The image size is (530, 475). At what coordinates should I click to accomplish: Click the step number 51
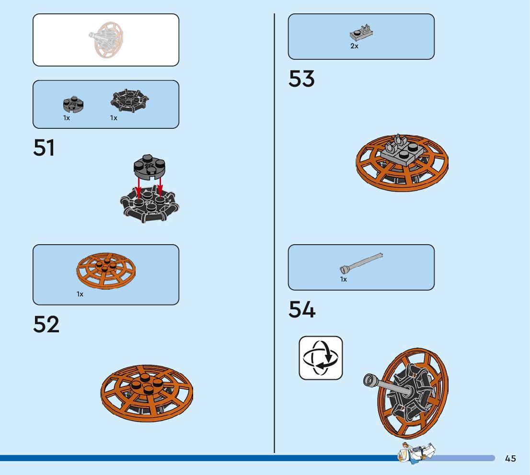pyautogui.click(x=44, y=148)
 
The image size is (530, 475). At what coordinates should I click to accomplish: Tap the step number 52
pyautogui.click(x=46, y=324)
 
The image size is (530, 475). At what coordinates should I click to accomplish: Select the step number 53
pyautogui.click(x=301, y=79)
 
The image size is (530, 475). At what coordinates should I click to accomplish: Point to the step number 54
pyautogui.click(x=302, y=310)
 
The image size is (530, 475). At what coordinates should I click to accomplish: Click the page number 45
pyautogui.click(x=510, y=459)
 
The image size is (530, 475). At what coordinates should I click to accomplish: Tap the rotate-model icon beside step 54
pyautogui.click(x=321, y=358)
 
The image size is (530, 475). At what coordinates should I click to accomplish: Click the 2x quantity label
pyautogui.click(x=354, y=46)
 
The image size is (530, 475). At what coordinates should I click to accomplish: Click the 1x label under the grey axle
pyautogui.click(x=344, y=279)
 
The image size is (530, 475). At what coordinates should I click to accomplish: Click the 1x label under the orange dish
pyautogui.click(x=80, y=294)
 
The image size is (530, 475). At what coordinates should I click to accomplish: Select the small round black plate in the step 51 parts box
pyautogui.click(x=73, y=103)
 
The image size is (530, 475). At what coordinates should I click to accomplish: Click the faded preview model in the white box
pyautogui.click(x=106, y=39)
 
